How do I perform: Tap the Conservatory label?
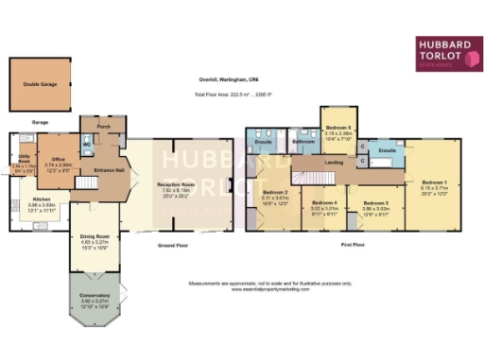pyautogui.click(x=94, y=296)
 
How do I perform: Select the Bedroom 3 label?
pyautogui.click(x=375, y=203)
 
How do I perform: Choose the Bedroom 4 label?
pyautogui.click(x=324, y=202)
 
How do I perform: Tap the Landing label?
pyautogui.click(x=333, y=163)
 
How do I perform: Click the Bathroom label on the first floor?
pyautogui.click(x=303, y=142)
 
